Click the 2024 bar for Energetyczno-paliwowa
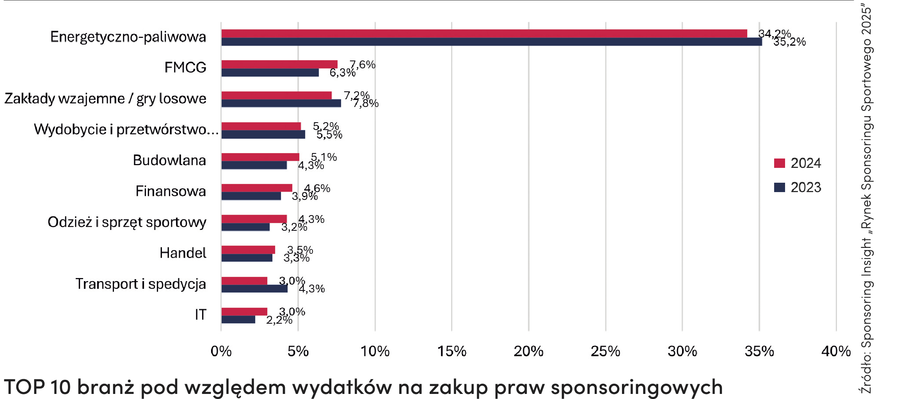(484, 34)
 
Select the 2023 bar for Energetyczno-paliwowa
(492, 42)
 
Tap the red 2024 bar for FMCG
(279, 64)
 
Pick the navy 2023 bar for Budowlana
(254, 166)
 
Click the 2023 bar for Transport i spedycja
(254, 289)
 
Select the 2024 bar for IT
(244, 312)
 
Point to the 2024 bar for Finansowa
(257, 188)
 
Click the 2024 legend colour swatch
(779, 163)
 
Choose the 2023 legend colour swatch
(779, 187)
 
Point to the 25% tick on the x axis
(605, 351)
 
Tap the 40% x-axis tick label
(836, 351)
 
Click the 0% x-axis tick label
(221, 351)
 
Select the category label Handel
(183, 253)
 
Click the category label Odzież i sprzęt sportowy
(127, 222)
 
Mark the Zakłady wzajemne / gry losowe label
(105, 99)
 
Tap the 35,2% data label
(789, 42)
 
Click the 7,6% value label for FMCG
(362, 64)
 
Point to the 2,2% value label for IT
(279, 320)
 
